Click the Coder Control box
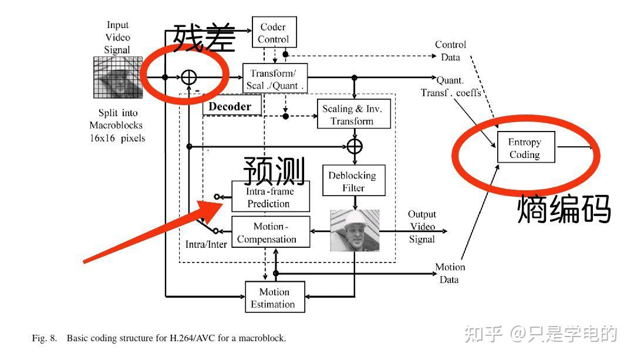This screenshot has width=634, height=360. (x=274, y=32)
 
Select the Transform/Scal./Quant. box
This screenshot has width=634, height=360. (x=275, y=79)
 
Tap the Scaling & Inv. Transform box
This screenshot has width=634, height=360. (x=354, y=114)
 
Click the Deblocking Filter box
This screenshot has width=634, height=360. (x=354, y=180)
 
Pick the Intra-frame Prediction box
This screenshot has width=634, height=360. (x=271, y=197)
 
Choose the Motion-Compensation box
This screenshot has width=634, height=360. (x=271, y=232)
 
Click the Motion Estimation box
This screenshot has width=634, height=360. (x=275, y=297)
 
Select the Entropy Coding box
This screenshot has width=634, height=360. (x=525, y=147)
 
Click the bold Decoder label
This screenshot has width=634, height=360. (x=230, y=106)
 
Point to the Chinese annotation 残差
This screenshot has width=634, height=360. (x=204, y=37)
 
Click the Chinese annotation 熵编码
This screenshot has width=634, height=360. (x=564, y=208)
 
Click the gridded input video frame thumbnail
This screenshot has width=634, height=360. (x=118, y=78)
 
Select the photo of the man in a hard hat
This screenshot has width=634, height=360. (x=355, y=231)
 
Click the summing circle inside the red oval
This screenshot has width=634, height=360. (x=188, y=78)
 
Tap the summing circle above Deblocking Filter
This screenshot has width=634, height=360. (x=355, y=146)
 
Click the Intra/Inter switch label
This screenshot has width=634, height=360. (x=206, y=244)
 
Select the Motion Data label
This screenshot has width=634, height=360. (x=450, y=274)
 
